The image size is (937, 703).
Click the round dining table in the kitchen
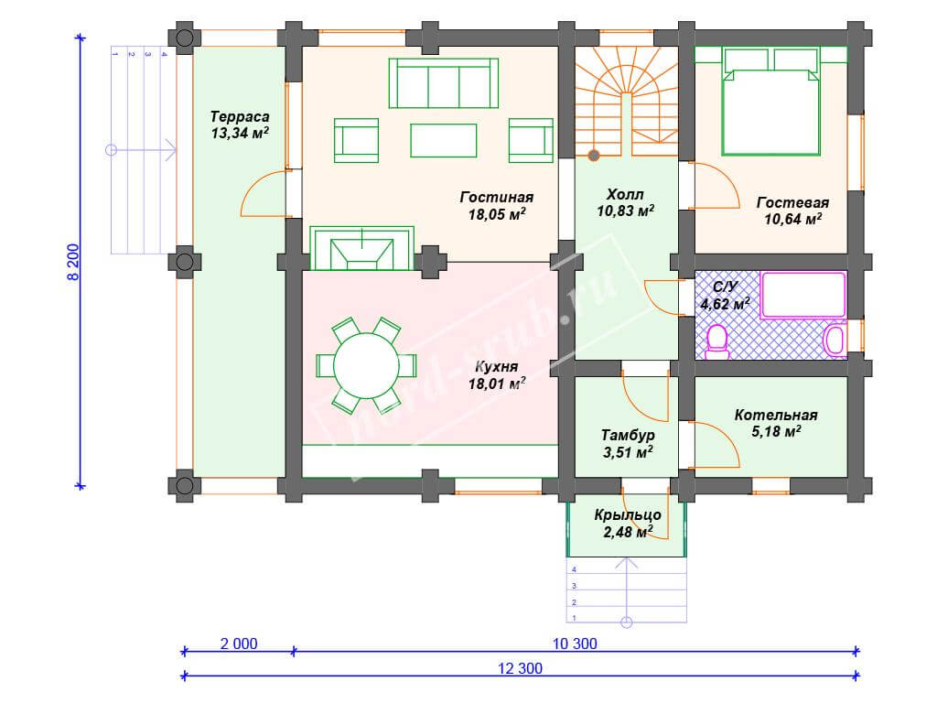366,365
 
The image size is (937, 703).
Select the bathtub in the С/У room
803,295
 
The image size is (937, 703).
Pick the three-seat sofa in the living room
444,83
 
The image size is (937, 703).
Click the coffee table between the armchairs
444,140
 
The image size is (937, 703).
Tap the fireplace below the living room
361,248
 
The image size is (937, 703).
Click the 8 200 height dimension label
73,262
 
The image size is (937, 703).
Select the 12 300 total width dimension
520,668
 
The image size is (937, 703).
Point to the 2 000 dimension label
239,644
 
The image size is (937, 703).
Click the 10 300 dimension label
575,644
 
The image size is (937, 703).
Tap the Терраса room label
240,116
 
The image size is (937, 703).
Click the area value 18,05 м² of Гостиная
497,214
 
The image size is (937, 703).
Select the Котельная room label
776,415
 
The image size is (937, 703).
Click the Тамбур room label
628,435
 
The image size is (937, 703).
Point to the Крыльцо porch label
628,514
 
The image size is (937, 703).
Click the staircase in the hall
626,103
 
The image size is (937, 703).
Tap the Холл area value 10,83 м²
625,211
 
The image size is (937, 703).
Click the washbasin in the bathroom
835,340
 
